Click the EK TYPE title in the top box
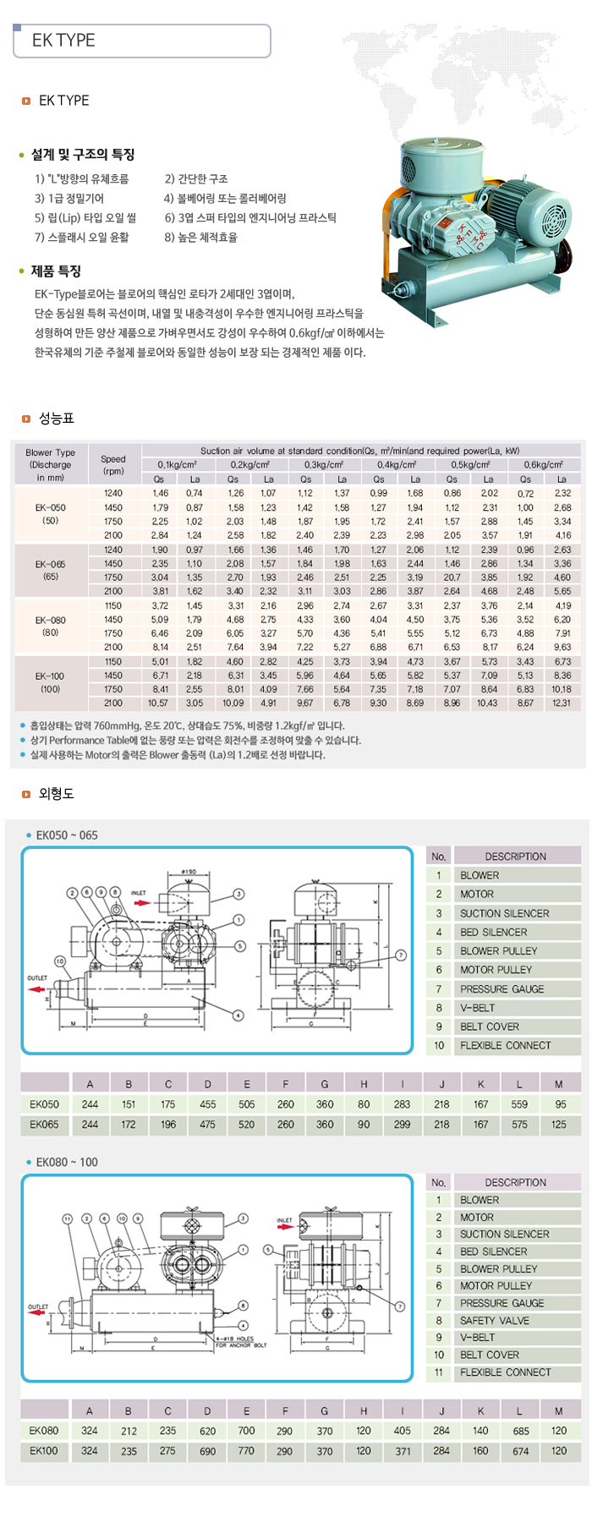point(63,41)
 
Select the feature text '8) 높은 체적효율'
point(201,238)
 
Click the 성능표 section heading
point(57,419)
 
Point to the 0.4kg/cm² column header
point(397,464)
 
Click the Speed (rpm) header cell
point(113,464)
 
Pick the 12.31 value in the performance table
point(562,704)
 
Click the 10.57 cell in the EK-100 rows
point(158,704)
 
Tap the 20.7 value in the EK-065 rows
point(452,578)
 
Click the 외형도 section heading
point(57,794)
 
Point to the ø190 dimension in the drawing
point(189,872)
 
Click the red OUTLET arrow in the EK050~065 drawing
point(36,989)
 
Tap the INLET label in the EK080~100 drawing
point(284,1220)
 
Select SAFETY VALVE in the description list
point(494,1320)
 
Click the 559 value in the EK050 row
point(519,1104)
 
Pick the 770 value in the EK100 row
point(246,1450)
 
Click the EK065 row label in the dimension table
point(44,1125)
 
